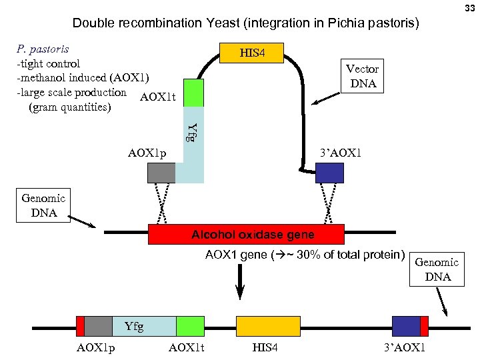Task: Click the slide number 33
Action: pyautogui.click(x=470, y=7)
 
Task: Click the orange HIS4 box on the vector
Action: pyautogui.click(x=252, y=53)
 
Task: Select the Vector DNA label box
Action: pyautogui.click(x=362, y=76)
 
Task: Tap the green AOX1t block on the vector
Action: pyautogui.click(x=193, y=93)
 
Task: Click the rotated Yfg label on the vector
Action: pyautogui.click(x=191, y=132)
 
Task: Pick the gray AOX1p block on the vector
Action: pyautogui.click(x=161, y=173)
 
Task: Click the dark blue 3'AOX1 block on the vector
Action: pyautogui.click(x=329, y=173)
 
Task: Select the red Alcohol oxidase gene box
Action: pyautogui.click(x=246, y=235)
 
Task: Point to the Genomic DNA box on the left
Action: pyautogui.click(x=43, y=205)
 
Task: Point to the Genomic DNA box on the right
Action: pyautogui.click(x=437, y=269)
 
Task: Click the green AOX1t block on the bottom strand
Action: pyautogui.click(x=190, y=326)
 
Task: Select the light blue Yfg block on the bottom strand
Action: pyautogui.click(x=143, y=326)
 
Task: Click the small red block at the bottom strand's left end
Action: pyautogui.click(x=81, y=326)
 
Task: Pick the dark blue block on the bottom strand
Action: pyautogui.click(x=405, y=326)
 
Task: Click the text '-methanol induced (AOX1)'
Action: pyautogui.click(x=83, y=78)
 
